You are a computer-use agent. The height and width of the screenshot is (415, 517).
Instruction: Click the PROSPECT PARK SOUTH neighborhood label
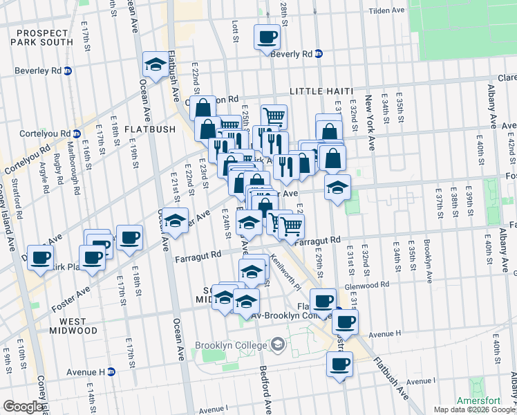tap(42, 37)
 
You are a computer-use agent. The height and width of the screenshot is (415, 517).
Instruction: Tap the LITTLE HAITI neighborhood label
tap(321, 91)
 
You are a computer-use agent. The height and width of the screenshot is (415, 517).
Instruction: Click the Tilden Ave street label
tap(386, 11)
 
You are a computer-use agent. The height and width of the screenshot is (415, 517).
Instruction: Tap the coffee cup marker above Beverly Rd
tap(267, 37)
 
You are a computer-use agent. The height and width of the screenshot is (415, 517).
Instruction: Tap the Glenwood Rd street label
tap(370, 285)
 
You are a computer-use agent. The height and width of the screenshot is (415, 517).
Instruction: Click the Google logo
tap(23, 407)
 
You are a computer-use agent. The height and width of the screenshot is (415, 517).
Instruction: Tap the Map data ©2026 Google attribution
tap(473, 409)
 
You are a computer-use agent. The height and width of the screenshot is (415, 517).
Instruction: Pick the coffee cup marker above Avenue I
tap(339, 365)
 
